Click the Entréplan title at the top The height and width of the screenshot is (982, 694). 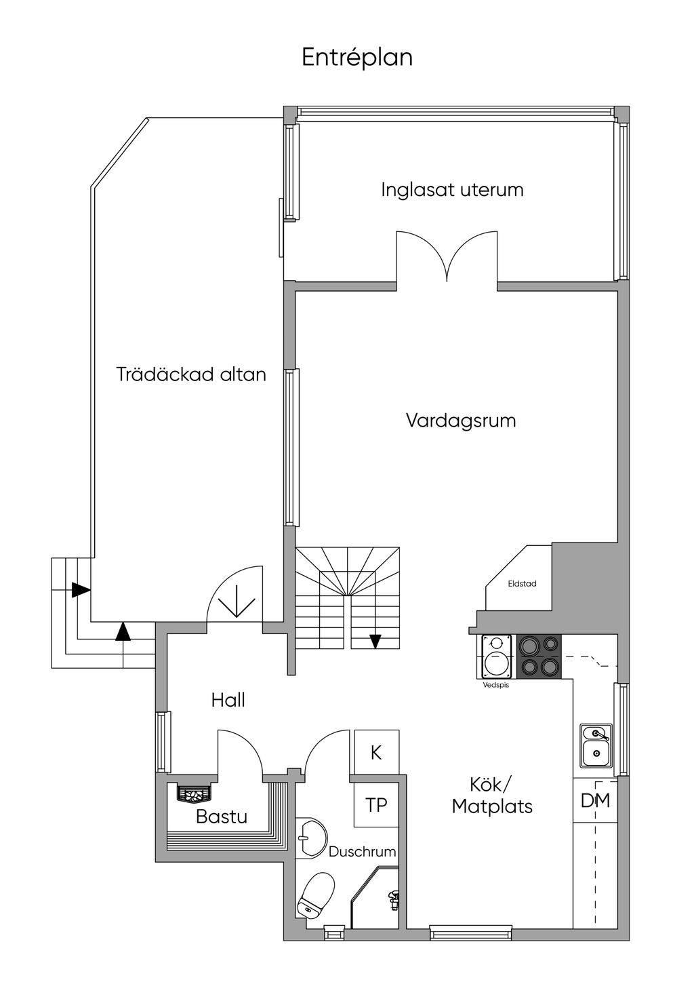(x=357, y=58)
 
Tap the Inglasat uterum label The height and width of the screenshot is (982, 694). (x=452, y=189)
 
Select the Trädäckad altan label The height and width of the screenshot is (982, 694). (x=191, y=374)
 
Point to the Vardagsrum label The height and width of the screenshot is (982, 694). (x=461, y=420)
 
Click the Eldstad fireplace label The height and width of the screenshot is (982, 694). (x=522, y=584)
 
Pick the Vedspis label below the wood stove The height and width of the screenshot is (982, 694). (x=495, y=685)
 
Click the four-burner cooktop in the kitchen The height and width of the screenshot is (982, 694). (x=539, y=656)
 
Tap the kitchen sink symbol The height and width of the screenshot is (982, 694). (x=596, y=745)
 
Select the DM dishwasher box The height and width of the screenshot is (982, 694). (x=595, y=800)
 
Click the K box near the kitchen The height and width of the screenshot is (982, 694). (x=376, y=752)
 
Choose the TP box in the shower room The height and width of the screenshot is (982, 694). (x=376, y=805)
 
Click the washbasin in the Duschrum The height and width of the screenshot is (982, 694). (x=310, y=837)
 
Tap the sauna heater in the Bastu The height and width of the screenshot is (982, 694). (x=195, y=793)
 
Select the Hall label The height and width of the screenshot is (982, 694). (x=228, y=700)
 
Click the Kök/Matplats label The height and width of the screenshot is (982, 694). (x=492, y=796)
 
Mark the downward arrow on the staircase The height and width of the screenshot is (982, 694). (x=375, y=641)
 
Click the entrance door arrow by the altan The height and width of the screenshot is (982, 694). (x=237, y=601)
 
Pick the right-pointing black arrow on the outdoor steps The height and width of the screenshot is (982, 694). (x=81, y=589)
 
